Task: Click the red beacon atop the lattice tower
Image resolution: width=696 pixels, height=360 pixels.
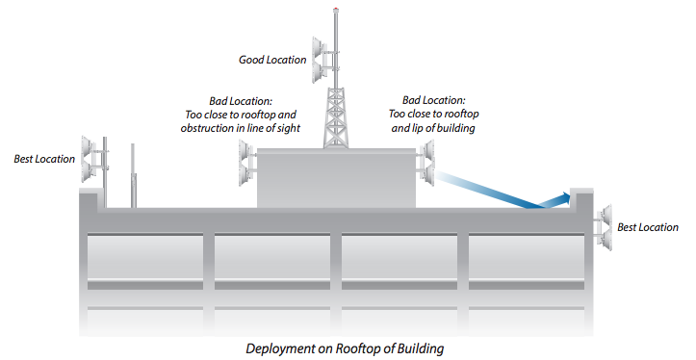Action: [x=335, y=11]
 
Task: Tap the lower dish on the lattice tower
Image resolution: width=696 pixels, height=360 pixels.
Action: [x=319, y=72]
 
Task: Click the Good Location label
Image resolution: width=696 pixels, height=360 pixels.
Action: [x=272, y=60]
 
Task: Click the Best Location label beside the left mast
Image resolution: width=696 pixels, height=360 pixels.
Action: [x=44, y=159]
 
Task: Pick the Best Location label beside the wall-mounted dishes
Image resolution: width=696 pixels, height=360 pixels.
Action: [x=648, y=228]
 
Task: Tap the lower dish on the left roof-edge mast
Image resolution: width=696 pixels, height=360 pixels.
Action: [x=94, y=171]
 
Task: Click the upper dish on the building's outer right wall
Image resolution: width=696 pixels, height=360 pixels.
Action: [x=606, y=215]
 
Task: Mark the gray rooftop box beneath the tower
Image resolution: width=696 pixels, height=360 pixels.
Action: [x=337, y=179]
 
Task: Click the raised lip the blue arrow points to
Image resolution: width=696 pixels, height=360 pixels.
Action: [x=579, y=194]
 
